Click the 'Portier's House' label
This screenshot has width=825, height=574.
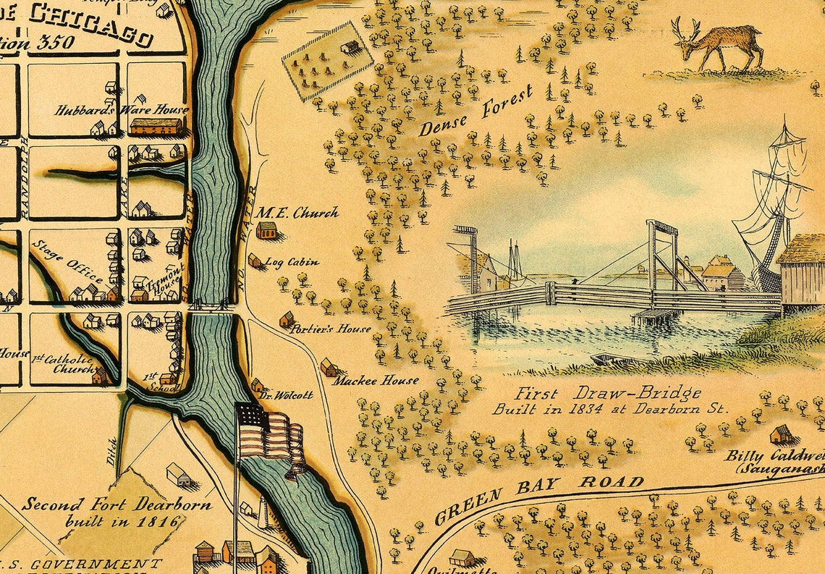coord(330,329)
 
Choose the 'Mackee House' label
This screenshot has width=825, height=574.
coord(375,380)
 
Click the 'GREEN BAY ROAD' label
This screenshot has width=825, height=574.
coord(538,498)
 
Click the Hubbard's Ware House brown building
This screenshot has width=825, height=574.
coord(156,127)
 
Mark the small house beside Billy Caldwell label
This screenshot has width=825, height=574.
coord(781,434)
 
